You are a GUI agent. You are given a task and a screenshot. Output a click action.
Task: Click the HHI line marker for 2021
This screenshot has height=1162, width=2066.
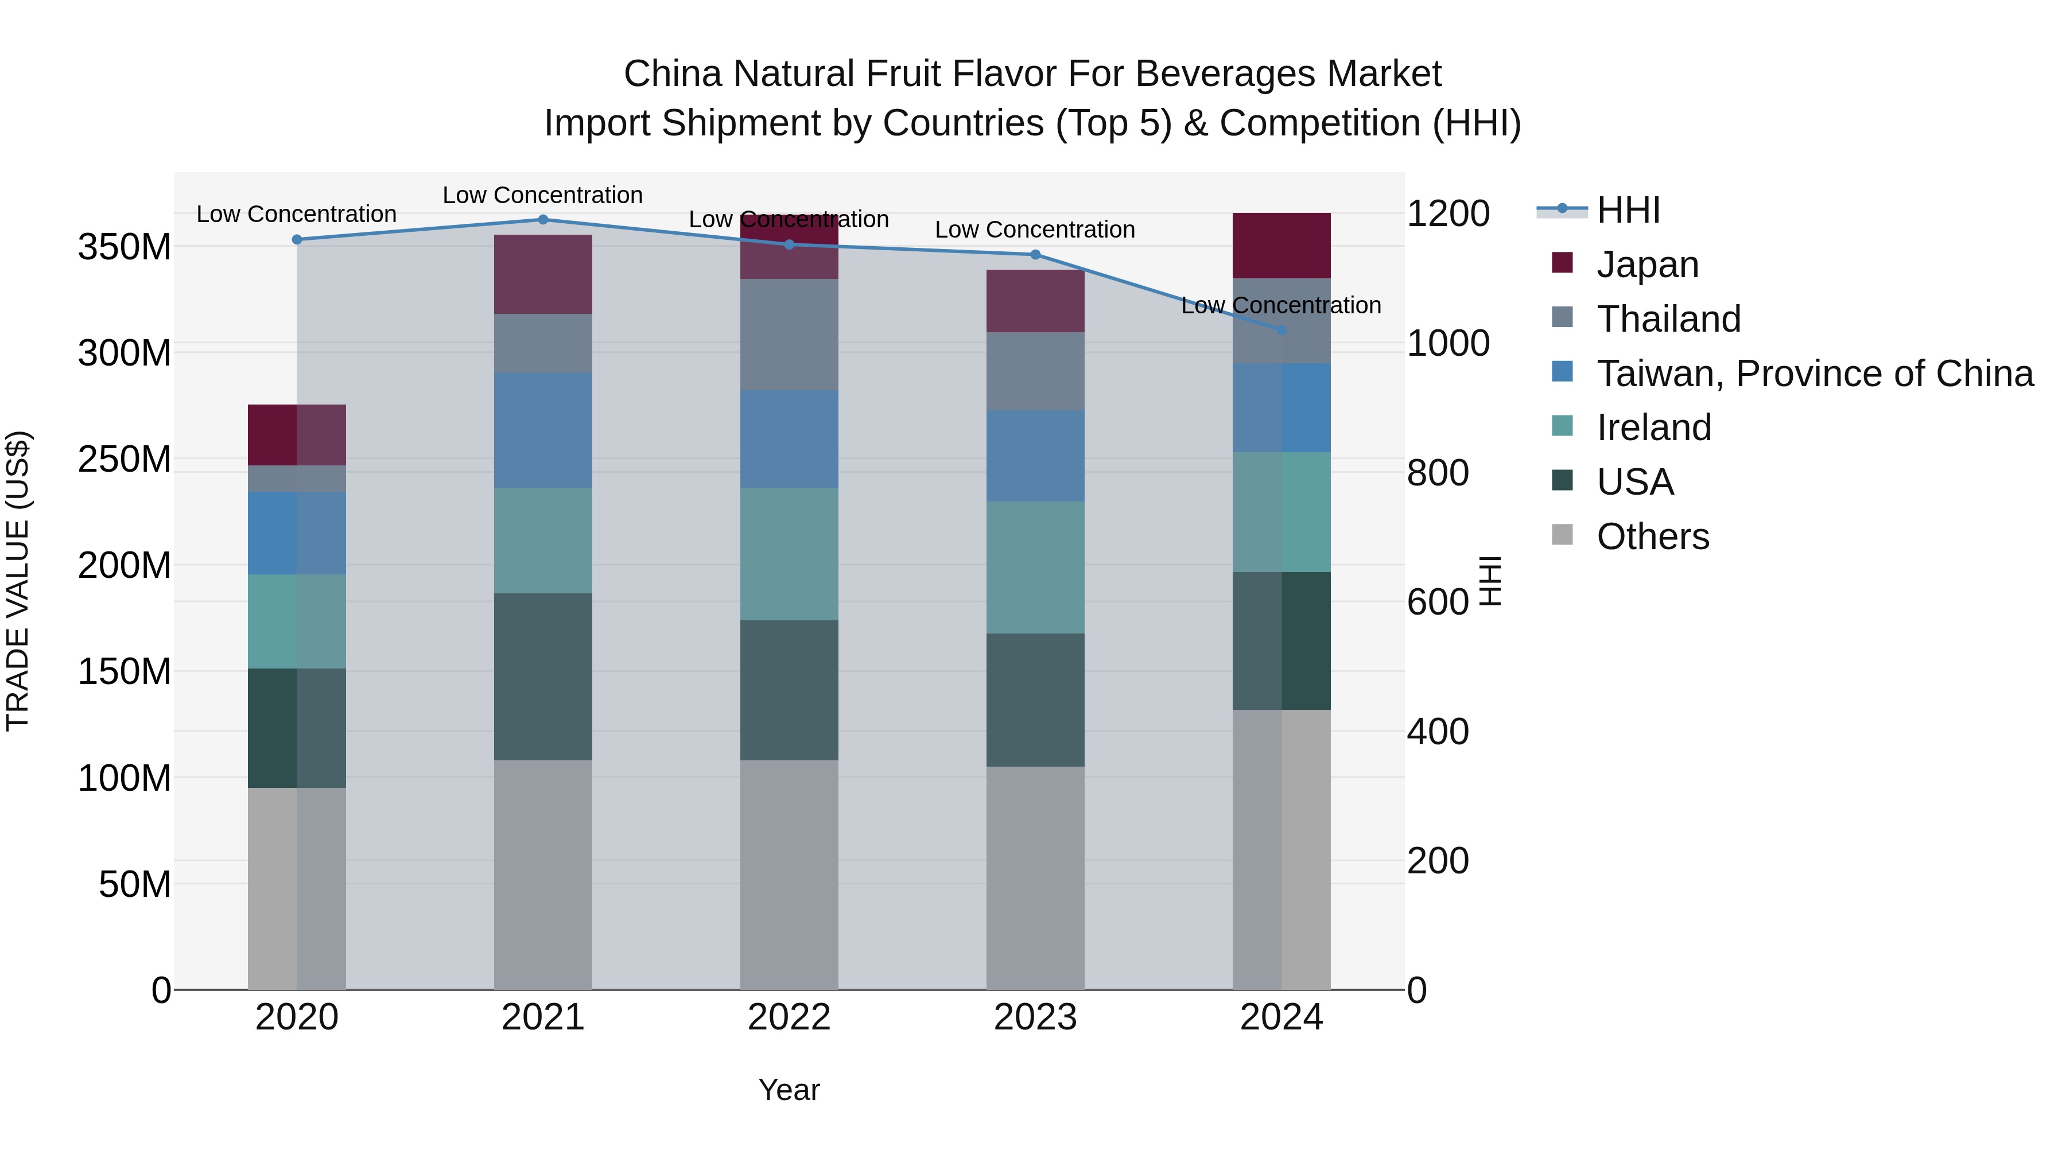[543, 219]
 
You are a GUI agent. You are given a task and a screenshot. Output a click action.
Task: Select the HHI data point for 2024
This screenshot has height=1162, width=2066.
[1281, 329]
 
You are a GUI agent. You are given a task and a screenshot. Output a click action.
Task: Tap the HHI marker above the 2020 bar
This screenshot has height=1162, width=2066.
[297, 239]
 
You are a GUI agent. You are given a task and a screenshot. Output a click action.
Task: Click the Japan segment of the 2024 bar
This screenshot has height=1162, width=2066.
[1281, 246]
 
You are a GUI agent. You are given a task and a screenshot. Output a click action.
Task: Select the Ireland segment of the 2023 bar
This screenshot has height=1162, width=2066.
[1035, 567]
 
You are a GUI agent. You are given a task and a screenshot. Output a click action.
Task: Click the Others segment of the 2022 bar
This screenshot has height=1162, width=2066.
[789, 874]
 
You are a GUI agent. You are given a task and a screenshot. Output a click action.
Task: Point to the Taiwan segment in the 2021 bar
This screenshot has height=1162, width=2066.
[543, 429]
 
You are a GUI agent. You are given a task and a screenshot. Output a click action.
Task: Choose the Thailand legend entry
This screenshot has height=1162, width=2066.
[1668, 318]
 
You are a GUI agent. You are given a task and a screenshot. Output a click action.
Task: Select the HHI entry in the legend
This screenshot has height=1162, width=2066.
[1628, 210]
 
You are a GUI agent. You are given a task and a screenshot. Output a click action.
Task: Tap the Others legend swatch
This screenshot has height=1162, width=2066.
[1562, 535]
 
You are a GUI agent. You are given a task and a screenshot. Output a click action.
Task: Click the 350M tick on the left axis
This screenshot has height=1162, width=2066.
[125, 246]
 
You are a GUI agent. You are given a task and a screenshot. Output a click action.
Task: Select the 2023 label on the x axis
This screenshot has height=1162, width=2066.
[1035, 1017]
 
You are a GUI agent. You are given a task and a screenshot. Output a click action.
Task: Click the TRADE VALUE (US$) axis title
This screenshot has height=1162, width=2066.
[18, 581]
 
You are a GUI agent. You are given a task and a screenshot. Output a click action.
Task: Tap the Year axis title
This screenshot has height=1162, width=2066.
[789, 1090]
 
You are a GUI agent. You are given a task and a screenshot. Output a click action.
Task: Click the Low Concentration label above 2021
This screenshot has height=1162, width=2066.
[543, 195]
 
